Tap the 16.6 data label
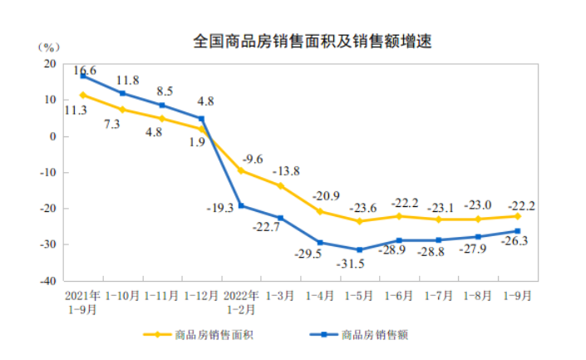(x=85, y=70)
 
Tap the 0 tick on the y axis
(x=52, y=136)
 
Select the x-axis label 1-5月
(x=360, y=295)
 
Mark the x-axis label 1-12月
(x=201, y=295)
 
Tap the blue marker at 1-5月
(x=360, y=249)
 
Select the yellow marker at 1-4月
(x=320, y=211)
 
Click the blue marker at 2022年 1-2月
(x=241, y=205)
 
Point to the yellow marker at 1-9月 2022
(x=517, y=216)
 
